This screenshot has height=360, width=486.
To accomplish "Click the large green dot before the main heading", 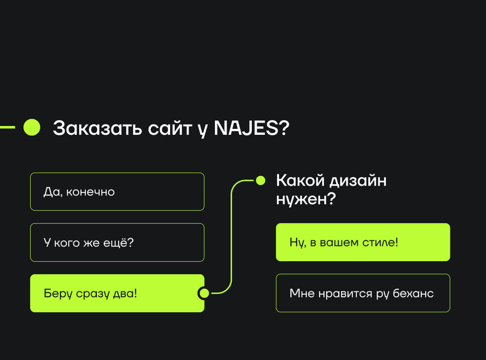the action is point(32,127).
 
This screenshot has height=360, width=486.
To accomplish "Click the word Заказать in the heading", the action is point(97,128).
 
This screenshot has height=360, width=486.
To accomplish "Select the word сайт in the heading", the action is point(170,128).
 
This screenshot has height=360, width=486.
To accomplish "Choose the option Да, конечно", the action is point(117,191).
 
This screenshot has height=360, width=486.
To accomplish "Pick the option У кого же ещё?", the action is point(117,242).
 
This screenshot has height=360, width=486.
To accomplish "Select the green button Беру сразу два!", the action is point(117,293).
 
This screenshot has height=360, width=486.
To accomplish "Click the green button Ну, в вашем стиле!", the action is point(363,242).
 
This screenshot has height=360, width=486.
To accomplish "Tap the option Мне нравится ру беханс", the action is point(363,293).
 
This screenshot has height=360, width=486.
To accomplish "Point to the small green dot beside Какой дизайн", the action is point(261,180).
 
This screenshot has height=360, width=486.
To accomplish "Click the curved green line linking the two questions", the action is point(231,235).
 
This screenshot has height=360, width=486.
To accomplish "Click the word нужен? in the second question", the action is point(306,199).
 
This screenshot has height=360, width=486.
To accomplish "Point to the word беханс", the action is point(413,293).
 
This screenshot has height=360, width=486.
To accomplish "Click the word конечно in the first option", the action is point(90,192).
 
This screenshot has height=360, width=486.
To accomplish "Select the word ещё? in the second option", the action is point(118,242).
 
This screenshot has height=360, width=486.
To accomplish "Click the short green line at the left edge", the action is point(8,127).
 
